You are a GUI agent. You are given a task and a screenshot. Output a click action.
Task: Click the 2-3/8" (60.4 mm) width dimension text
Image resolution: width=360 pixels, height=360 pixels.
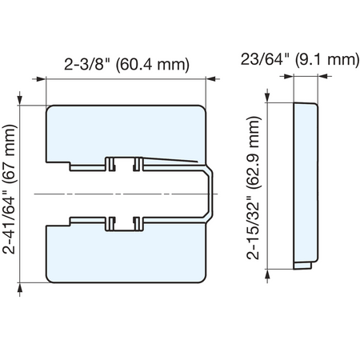coord(126,65)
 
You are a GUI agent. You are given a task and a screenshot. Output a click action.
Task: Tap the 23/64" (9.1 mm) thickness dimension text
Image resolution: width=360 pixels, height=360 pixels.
coord(300,59)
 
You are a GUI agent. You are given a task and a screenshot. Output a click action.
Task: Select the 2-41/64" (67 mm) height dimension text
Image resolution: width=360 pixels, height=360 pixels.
coord(9,189)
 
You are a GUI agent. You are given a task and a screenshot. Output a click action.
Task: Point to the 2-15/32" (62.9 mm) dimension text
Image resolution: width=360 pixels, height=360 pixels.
coord(253,188)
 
